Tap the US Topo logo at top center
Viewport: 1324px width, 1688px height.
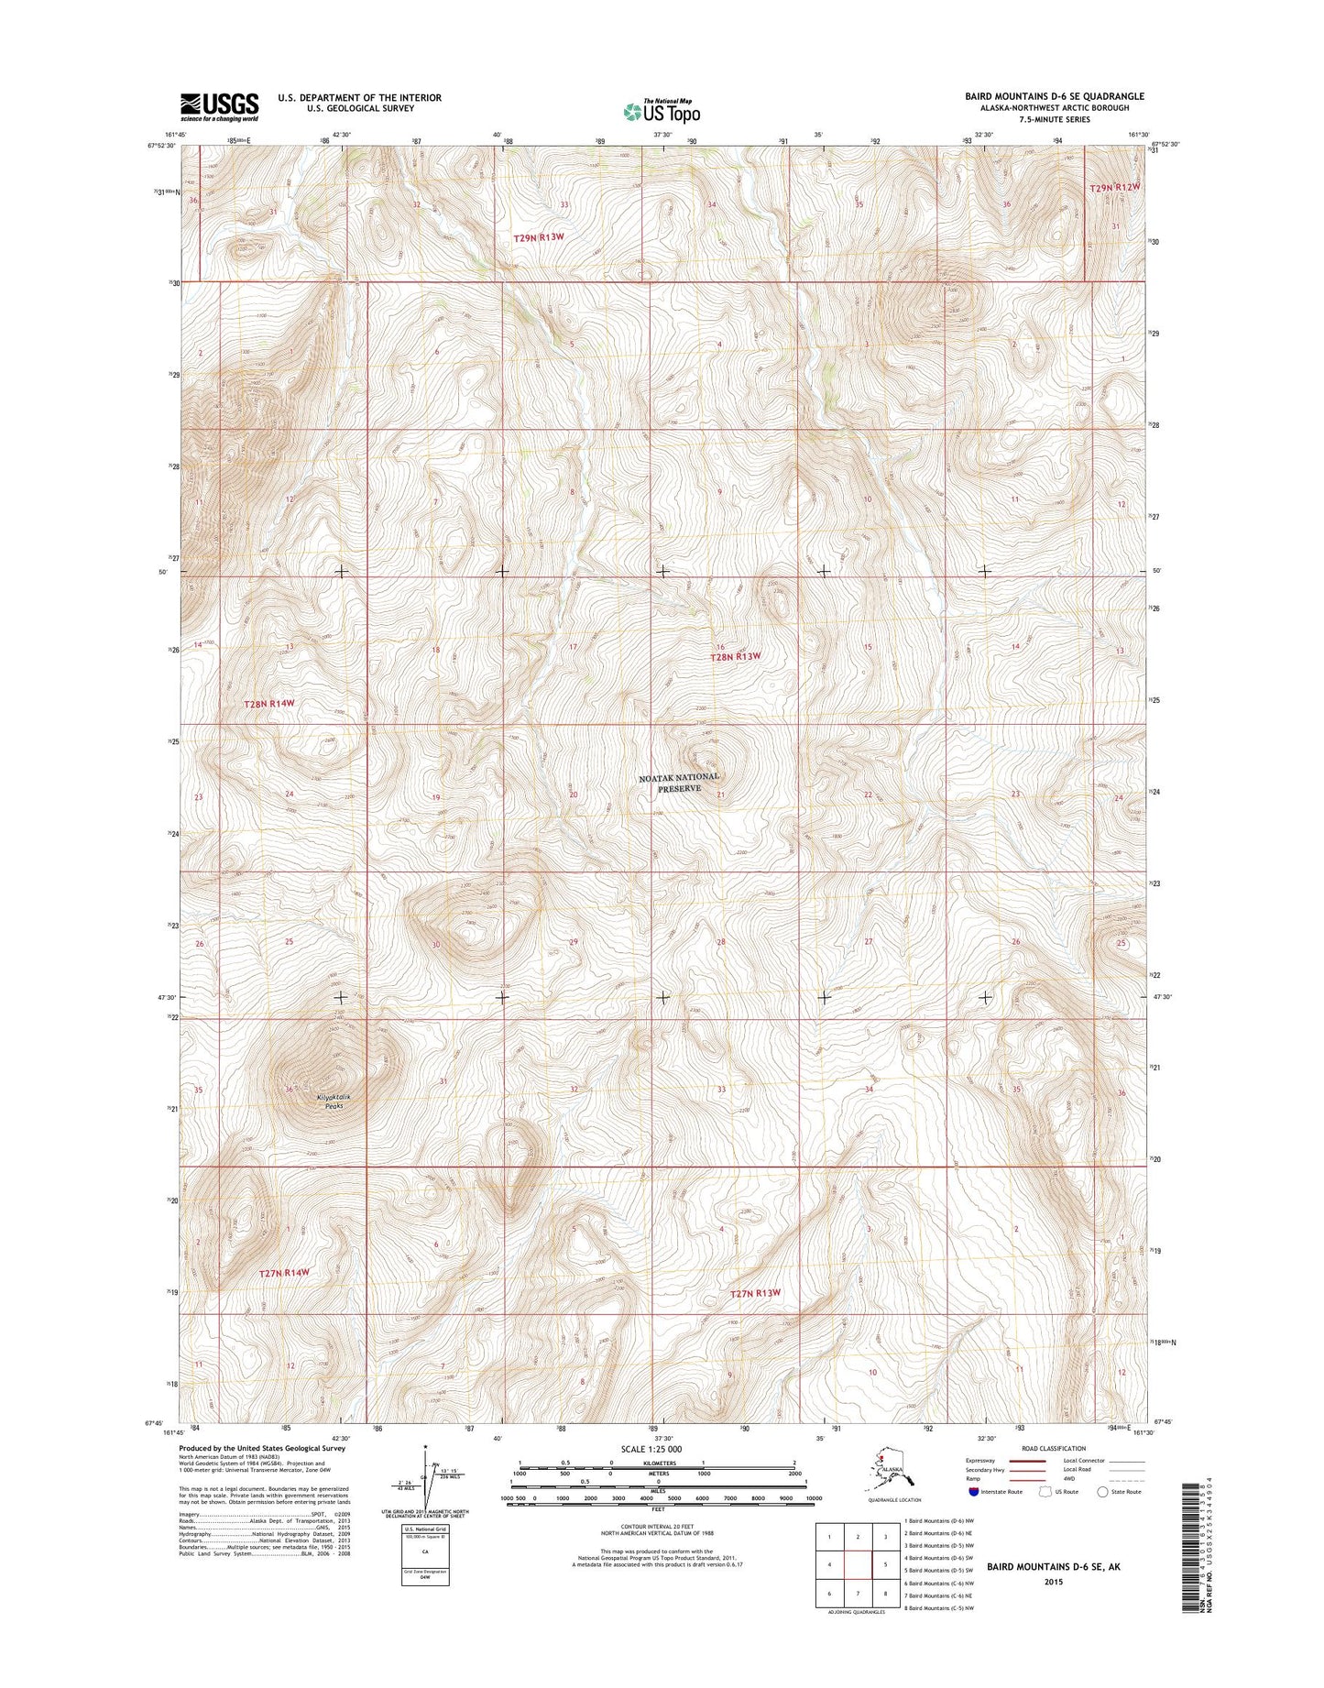(x=662, y=111)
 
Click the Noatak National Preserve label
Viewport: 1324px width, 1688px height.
(x=679, y=783)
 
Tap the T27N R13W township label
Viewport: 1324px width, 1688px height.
(x=756, y=1293)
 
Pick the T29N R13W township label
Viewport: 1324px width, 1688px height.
(x=539, y=237)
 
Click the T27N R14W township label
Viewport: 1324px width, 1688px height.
(x=284, y=1273)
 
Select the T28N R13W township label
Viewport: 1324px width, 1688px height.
(x=737, y=656)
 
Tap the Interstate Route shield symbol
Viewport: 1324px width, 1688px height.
(x=972, y=1491)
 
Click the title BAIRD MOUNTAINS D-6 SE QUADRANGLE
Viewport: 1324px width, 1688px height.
(x=1054, y=96)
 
